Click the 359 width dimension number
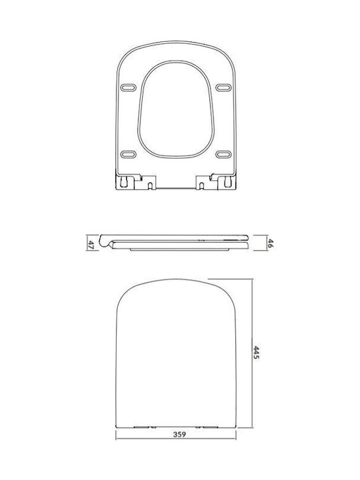click(180, 434)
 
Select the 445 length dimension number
click(256, 353)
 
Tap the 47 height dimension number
click(91, 244)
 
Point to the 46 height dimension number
click(270, 243)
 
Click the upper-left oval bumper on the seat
click(128, 88)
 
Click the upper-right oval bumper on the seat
click(223, 87)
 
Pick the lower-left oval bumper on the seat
click(128, 154)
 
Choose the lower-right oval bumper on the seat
click(223, 154)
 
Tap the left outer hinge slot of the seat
click(124, 181)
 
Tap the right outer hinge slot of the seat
click(228, 181)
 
